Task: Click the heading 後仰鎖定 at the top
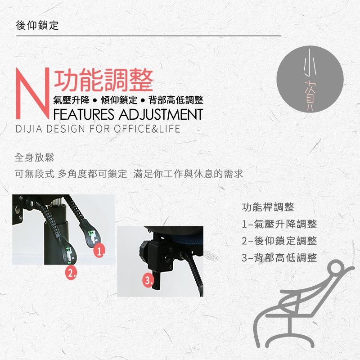click(37, 25)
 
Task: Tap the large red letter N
click(32, 93)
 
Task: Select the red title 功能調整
click(103, 80)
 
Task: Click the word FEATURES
click(84, 114)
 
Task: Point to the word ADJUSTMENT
click(161, 114)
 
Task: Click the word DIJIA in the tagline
click(29, 129)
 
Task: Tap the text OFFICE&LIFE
click(147, 129)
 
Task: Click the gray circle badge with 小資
click(310, 79)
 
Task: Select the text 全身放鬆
click(34, 157)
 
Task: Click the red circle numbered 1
click(99, 251)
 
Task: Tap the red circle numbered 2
click(71, 273)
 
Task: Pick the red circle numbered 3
click(148, 280)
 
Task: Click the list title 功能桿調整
click(268, 207)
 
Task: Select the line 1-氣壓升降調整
click(279, 224)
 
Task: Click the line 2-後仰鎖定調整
click(279, 241)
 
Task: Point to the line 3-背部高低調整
click(279, 257)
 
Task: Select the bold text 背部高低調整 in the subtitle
click(176, 100)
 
